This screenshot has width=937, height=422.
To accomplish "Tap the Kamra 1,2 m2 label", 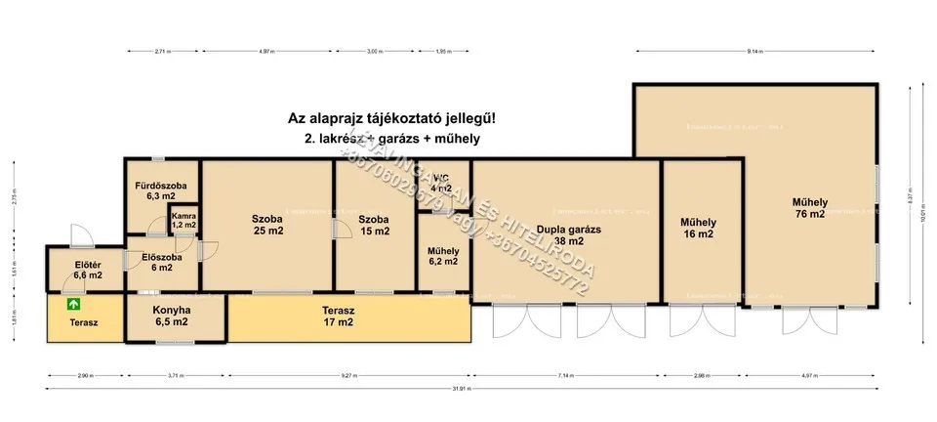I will click(x=183, y=219).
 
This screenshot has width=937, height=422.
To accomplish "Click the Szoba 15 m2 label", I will click(x=374, y=225).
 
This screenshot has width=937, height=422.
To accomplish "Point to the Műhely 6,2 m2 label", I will click(x=443, y=256).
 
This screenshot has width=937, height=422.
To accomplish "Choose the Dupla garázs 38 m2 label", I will click(x=567, y=234).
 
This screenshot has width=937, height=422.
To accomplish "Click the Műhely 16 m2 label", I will click(x=699, y=229).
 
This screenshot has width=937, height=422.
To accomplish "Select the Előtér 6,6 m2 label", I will click(x=88, y=270).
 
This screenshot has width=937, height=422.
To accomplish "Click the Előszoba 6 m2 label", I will click(x=156, y=262).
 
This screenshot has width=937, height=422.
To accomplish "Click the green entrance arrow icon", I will click(x=73, y=305).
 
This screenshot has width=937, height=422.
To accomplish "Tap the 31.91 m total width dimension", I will click(x=468, y=389).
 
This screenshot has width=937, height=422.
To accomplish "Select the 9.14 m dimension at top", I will click(x=754, y=50).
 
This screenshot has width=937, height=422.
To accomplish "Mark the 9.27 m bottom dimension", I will click(x=348, y=374).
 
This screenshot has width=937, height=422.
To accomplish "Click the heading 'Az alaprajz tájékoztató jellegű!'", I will click(x=397, y=118).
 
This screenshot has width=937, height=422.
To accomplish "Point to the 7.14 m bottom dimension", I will click(x=566, y=374).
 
